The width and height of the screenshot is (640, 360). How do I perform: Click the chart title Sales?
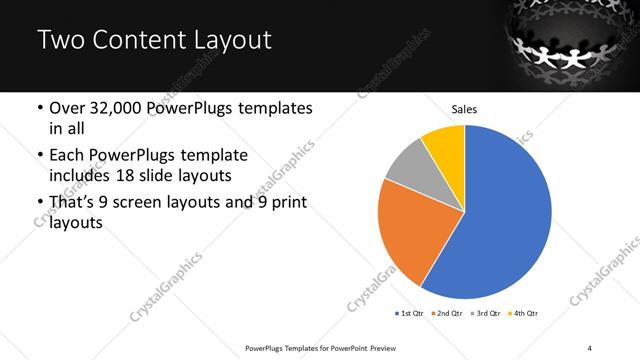click(x=464, y=107)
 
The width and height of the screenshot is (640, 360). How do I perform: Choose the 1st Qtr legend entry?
click(x=411, y=314)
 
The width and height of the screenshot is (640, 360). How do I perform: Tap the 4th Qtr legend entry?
click(x=526, y=314)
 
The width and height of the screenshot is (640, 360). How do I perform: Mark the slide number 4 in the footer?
click(x=590, y=347)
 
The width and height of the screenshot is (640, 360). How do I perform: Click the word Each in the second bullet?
click(x=67, y=156)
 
